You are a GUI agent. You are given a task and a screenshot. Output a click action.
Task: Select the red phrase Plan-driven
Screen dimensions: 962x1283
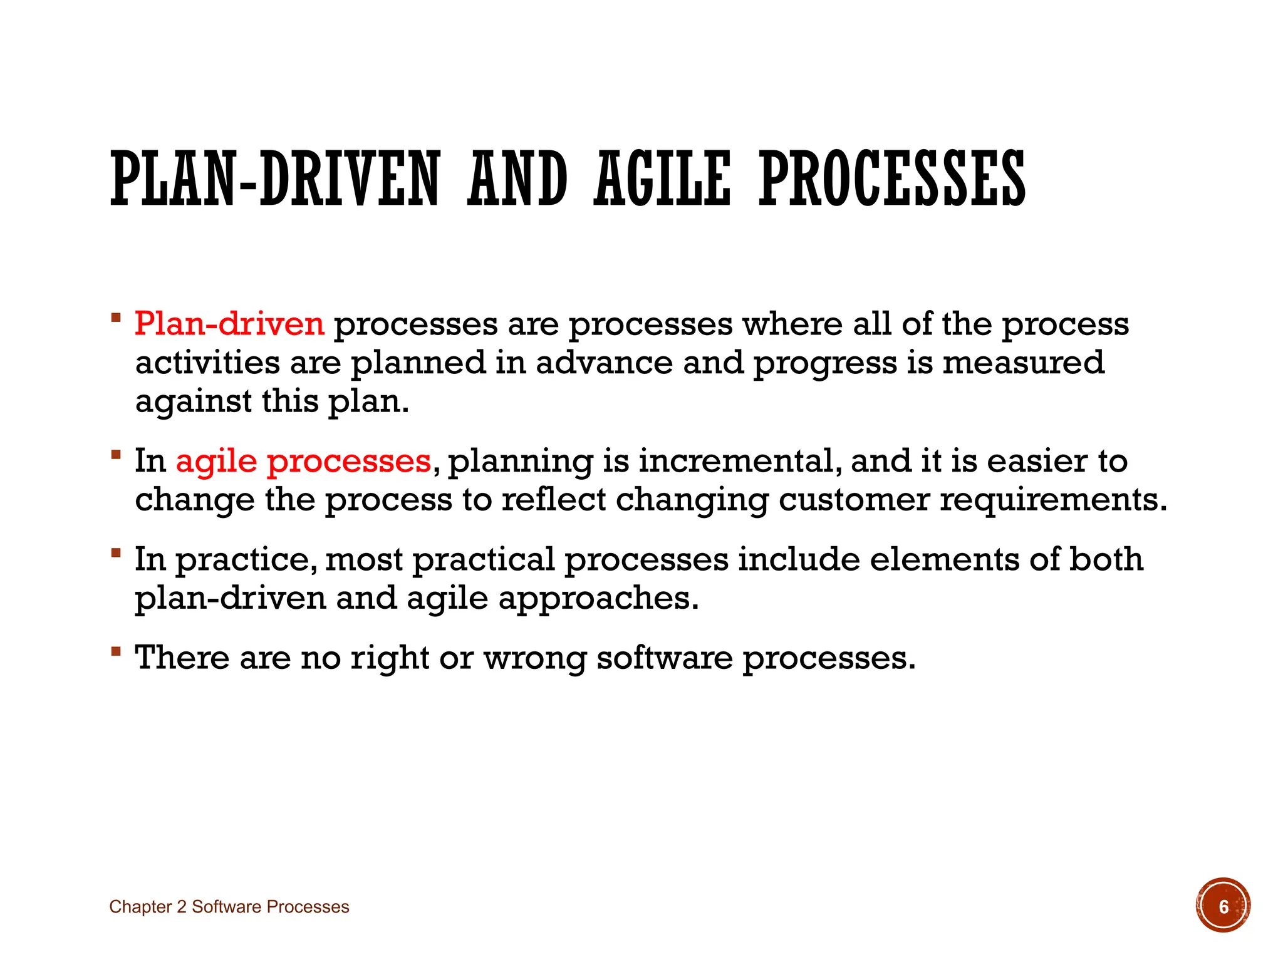[x=229, y=324]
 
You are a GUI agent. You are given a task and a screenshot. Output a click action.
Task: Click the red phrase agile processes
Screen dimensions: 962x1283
[x=303, y=462]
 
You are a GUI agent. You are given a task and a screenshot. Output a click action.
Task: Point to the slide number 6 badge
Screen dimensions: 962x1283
[x=1222, y=906]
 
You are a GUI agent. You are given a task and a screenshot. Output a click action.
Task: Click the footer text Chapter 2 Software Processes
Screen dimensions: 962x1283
[x=229, y=907]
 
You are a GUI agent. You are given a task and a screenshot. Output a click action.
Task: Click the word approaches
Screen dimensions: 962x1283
[x=598, y=599]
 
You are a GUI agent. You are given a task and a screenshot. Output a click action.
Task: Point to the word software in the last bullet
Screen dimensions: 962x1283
[x=664, y=658]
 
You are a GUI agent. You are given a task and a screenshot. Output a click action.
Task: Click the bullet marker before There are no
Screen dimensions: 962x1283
[x=115, y=651]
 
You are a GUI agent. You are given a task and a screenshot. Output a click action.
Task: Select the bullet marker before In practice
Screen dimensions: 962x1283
[x=115, y=553]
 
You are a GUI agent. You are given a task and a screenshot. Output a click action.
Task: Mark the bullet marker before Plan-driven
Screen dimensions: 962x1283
[x=115, y=318]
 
